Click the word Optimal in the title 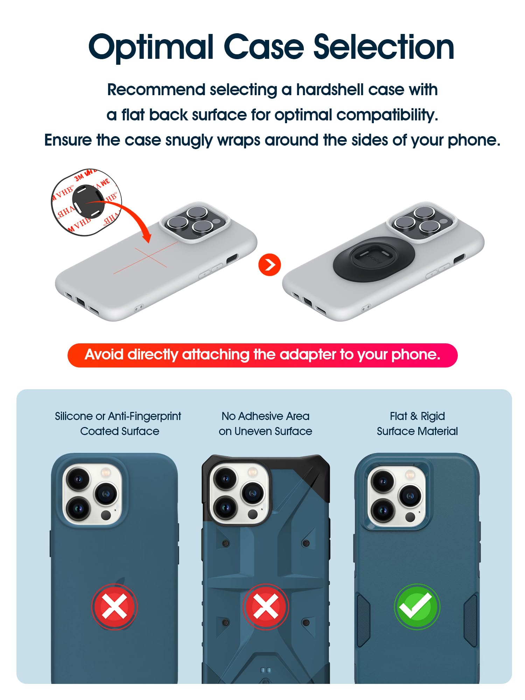pyautogui.click(x=151, y=48)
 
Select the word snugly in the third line pyautogui.click(x=189, y=141)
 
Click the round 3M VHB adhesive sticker pyautogui.click(x=86, y=202)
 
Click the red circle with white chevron pyautogui.click(x=269, y=265)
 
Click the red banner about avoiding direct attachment pyautogui.click(x=262, y=355)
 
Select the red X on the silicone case pyautogui.click(x=114, y=606)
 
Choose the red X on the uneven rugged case pyautogui.click(x=266, y=606)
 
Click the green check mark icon pyautogui.click(x=417, y=606)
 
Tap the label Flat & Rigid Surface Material pyautogui.click(x=417, y=423)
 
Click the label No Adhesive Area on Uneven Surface pyautogui.click(x=265, y=423)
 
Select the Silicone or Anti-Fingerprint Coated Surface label pyautogui.click(x=118, y=423)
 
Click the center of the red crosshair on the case pyautogui.click(x=148, y=257)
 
